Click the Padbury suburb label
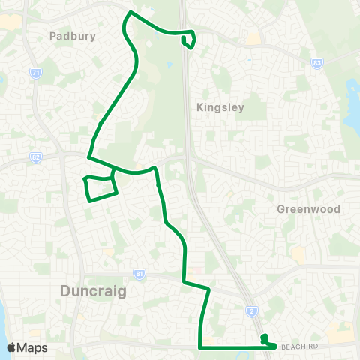(x=69, y=35)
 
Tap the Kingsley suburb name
(x=220, y=107)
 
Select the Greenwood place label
(x=308, y=209)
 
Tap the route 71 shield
(x=35, y=72)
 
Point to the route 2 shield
(x=253, y=310)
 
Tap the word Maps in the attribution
(x=32, y=347)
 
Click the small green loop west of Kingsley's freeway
(x=189, y=40)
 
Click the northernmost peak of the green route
(x=132, y=13)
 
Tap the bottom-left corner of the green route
(x=199, y=347)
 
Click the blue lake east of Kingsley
(x=352, y=112)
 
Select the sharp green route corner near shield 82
(x=88, y=157)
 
